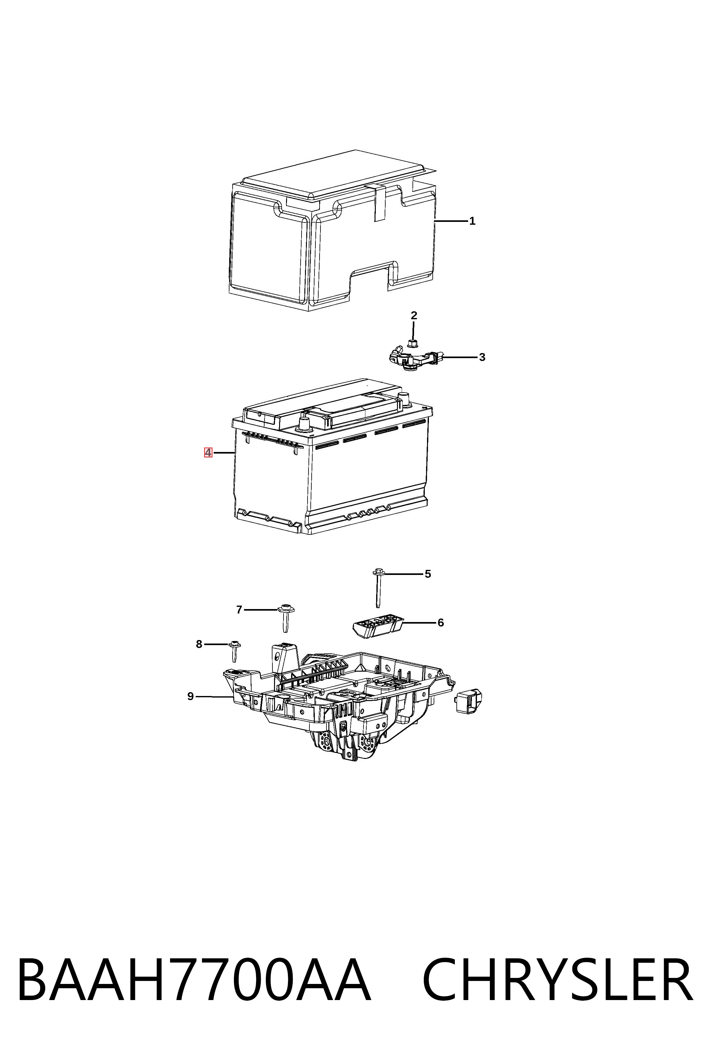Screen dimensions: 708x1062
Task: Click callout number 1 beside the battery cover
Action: click(x=472, y=221)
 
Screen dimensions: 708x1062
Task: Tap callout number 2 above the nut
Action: click(x=414, y=316)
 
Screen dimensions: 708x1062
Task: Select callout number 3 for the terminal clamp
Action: click(x=482, y=357)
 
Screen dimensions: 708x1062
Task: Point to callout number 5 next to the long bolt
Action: click(x=428, y=574)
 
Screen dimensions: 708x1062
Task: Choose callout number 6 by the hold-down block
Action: click(x=441, y=623)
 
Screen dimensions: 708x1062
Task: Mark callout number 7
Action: click(x=239, y=610)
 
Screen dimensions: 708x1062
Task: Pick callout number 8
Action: click(x=199, y=644)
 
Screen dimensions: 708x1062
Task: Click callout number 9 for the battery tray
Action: click(x=191, y=697)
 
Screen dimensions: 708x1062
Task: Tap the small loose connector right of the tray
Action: click(x=470, y=702)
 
